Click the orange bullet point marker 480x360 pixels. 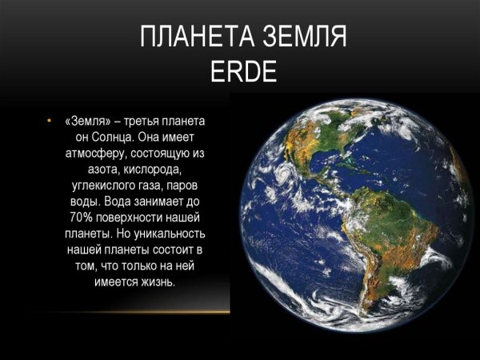(50, 121)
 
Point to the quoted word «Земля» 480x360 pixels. (90, 121)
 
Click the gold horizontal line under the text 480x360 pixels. (136, 310)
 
